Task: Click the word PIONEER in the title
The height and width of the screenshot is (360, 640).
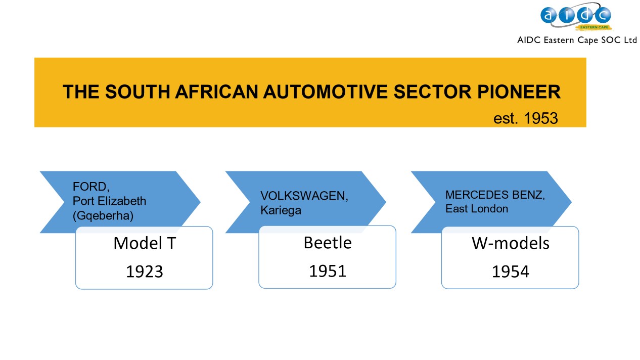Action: click(x=519, y=92)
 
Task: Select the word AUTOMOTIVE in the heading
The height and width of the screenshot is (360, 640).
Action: click(x=325, y=92)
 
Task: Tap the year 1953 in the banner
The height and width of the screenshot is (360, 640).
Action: click(x=541, y=118)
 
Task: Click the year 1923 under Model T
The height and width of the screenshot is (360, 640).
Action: click(x=144, y=272)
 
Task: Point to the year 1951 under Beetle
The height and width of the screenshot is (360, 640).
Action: click(x=328, y=271)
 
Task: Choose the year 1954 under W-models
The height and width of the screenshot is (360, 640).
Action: click(x=510, y=272)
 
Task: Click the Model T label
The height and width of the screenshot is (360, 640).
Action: click(x=145, y=243)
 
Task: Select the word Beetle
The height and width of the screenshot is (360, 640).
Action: click(x=328, y=243)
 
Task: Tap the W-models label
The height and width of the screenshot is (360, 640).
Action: click(x=510, y=243)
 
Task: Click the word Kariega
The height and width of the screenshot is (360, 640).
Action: click(x=281, y=210)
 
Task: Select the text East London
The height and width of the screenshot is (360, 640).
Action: click(x=477, y=209)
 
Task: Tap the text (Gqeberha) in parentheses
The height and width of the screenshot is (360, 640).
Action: click(x=103, y=216)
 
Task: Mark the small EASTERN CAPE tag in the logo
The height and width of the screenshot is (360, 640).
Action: click(x=595, y=27)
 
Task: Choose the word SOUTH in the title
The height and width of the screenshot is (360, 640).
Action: click(x=138, y=92)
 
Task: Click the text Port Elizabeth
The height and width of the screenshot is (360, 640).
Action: click(x=109, y=201)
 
